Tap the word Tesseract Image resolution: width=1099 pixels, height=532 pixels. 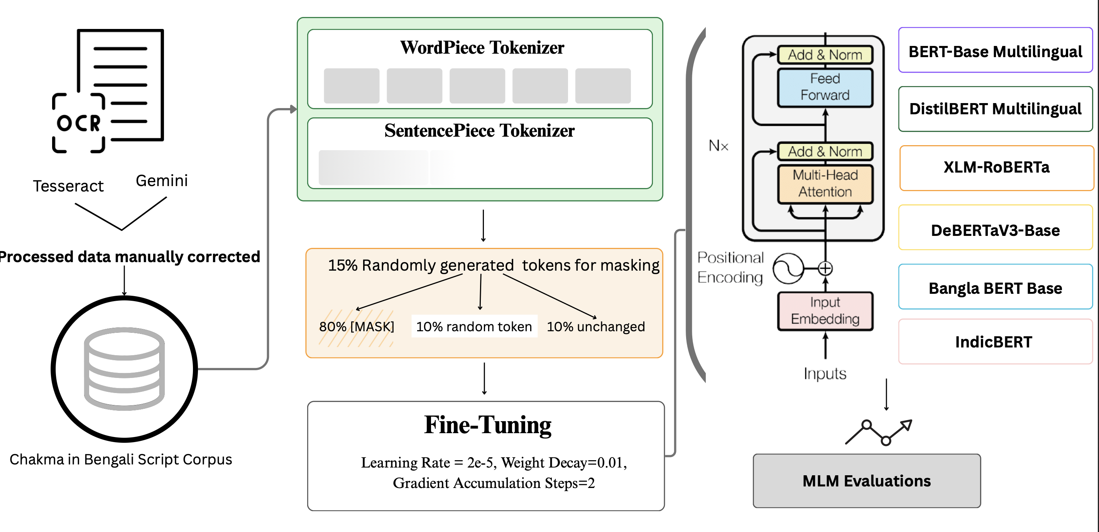(68, 186)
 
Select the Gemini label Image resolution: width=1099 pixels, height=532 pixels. (162, 181)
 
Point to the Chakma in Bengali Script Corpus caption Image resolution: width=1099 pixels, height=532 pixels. (121, 459)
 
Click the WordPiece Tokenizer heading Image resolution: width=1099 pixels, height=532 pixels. (482, 47)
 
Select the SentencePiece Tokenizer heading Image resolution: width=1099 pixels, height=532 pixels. (479, 130)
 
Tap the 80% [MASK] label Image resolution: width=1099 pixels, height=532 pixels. (357, 327)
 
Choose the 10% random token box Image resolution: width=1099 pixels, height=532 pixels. (474, 327)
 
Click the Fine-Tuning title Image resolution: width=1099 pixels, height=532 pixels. (487, 425)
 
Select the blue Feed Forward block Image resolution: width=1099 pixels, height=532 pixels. (825, 87)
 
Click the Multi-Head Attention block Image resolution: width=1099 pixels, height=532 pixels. (825, 184)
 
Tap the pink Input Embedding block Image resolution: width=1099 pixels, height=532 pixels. (825, 311)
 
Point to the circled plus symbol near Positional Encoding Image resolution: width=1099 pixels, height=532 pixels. (825, 268)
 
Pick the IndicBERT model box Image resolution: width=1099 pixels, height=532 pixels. (994, 342)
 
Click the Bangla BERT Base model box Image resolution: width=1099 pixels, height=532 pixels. (995, 288)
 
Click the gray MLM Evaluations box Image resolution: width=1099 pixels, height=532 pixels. (866, 481)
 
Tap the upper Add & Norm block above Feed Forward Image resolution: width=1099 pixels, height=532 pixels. (825, 55)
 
